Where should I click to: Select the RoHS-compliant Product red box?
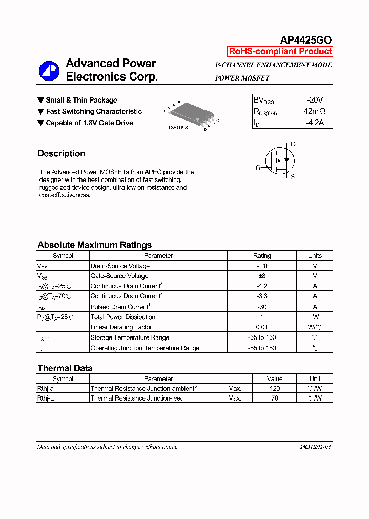click(x=280, y=51)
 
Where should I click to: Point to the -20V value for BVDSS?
click(x=314, y=100)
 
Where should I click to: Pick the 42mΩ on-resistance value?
click(x=314, y=111)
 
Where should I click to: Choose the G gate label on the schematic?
click(x=258, y=168)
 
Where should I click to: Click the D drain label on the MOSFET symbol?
click(x=293, y=144)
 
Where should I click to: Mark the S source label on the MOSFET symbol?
click(x=293, y=177)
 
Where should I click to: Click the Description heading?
click(x=61, y=154)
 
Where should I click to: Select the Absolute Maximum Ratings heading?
click(x=95, y=245)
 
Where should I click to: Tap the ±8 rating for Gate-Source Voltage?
click(x=262, y=276)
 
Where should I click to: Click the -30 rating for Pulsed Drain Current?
click(x=262, y=307)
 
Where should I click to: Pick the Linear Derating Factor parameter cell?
click(x=121, y=327)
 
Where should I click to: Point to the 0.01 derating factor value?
click(x=262, y=327)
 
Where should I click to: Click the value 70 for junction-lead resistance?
click(x=275, y=398)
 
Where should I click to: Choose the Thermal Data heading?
click(x=65, y=368)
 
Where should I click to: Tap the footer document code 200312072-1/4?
click(x=316, y=447)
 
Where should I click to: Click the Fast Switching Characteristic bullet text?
click(x=94, y=111)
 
